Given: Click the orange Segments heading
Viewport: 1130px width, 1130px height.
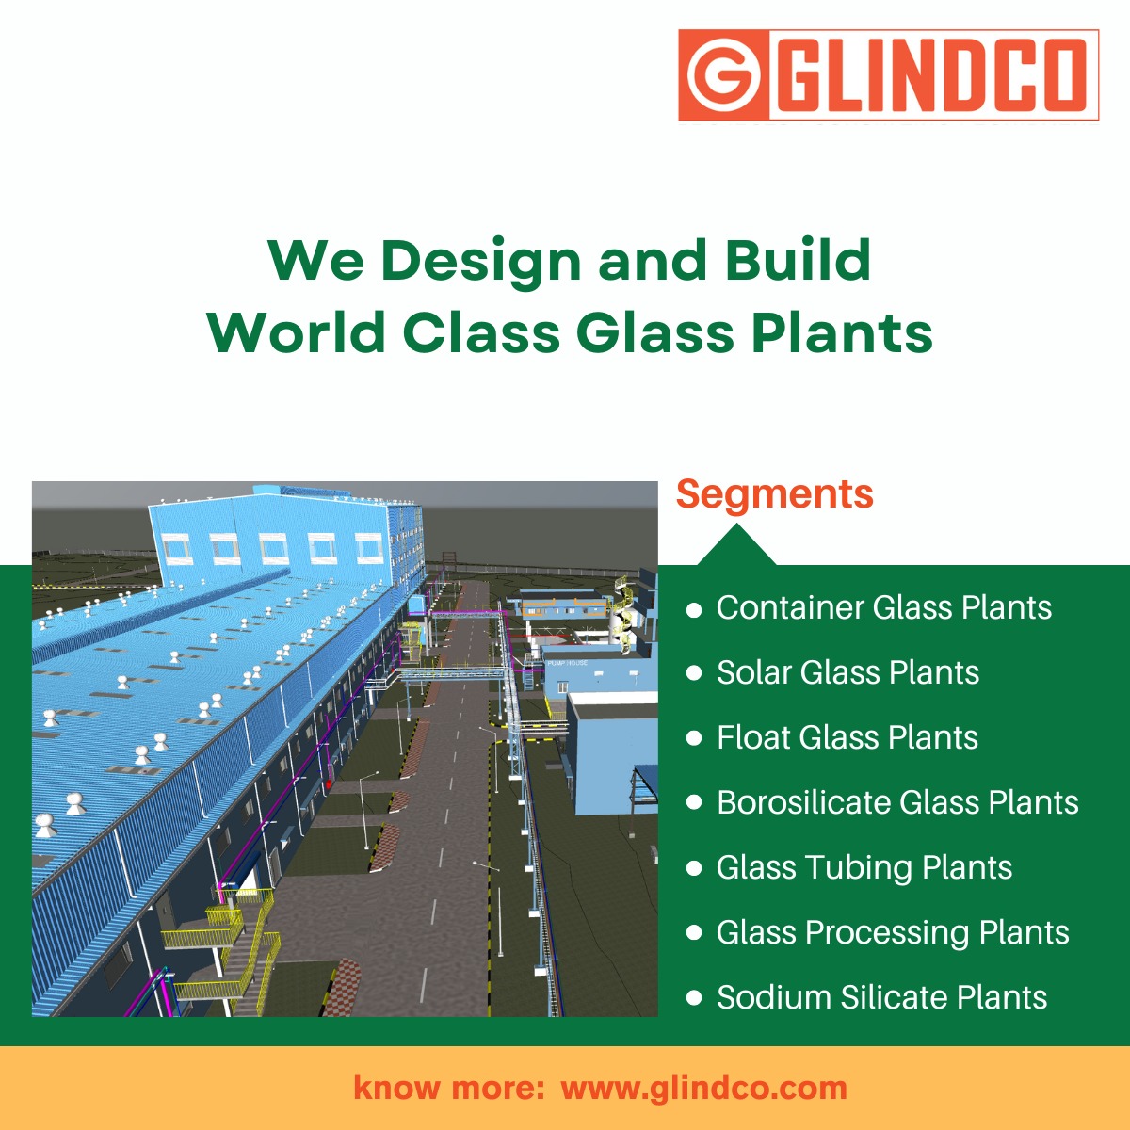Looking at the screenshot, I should pyautogui.click(x=774, y=494).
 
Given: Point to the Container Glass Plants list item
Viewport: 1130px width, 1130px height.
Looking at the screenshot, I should pyautogui.click(x=883, y=608).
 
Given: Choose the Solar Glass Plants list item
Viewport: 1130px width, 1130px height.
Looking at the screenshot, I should pyautogui.click(x=847, y=673).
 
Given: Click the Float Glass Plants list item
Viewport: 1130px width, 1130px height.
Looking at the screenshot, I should pyautogui.click(x=847, y=738).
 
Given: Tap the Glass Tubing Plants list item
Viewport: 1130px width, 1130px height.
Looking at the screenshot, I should pyautogui.click(x=864, y=868).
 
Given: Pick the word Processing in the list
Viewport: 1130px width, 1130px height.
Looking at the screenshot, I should pyautogui.click(x=887, y=933).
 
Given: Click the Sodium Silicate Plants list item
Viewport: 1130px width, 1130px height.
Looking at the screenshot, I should pyautogui.click(x=881, y=998).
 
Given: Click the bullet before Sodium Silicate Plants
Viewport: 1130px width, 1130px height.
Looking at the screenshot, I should pyautogui.click(x=695, y=998).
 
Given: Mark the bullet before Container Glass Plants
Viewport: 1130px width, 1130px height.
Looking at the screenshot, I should pyautogui.click(x=695, y=609).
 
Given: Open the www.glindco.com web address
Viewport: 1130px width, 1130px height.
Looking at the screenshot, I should pyautogui.click(x=703, y=1089).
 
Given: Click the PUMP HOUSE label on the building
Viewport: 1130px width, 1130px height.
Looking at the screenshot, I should pyautogui.click(x=567, y=663).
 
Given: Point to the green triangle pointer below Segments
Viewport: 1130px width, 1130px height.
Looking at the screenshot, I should pyautogui.click(x=736, y=547).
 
